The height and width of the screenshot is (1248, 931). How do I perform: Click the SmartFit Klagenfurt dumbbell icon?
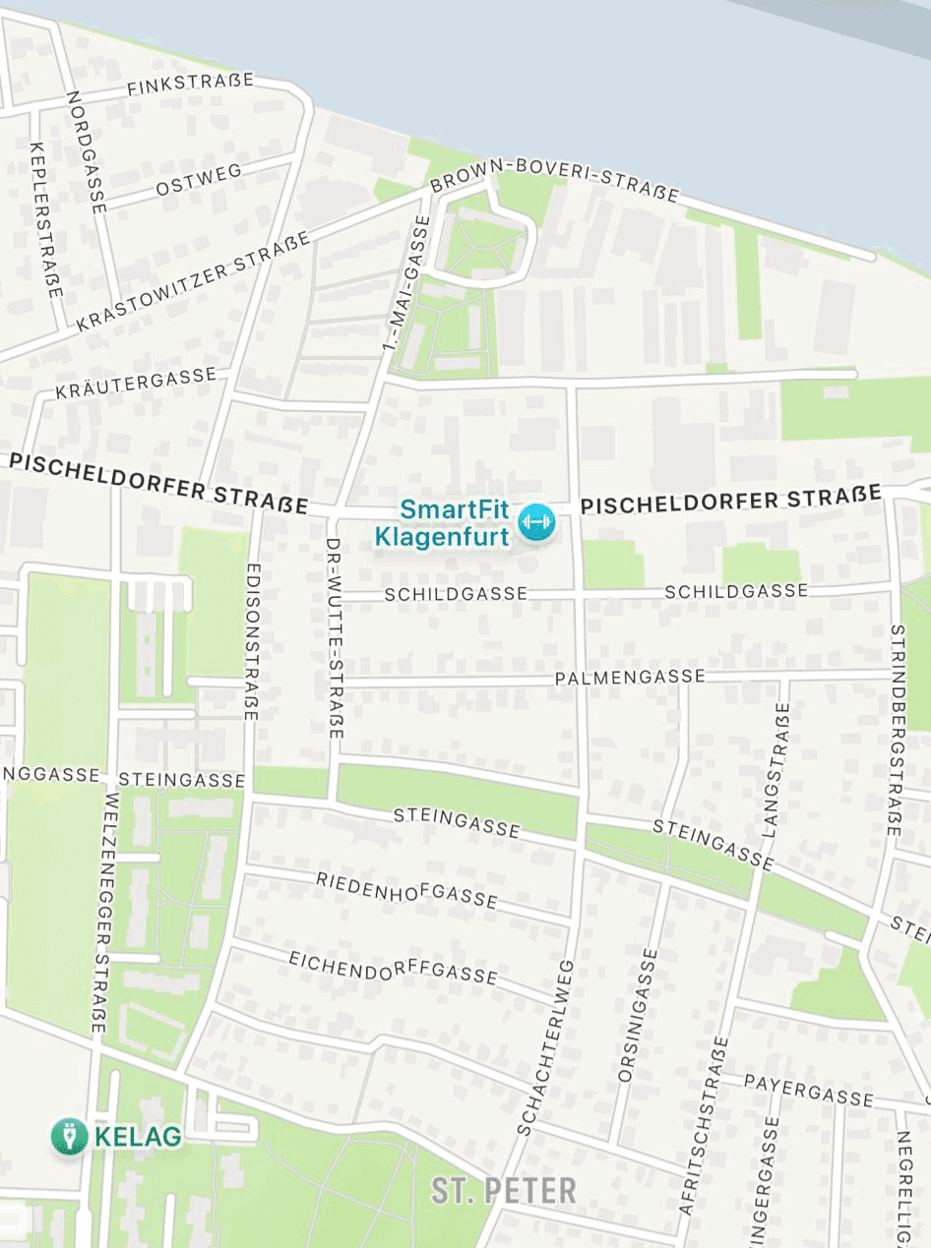(536, 522)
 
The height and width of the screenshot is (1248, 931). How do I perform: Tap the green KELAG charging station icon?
(70, 1137)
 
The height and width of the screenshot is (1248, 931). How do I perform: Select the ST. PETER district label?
(503, 1191)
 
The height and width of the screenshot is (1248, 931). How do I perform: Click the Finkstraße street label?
(191, 85)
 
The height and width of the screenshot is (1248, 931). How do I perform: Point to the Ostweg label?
(199, 180)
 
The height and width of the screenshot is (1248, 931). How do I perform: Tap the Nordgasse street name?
(85, 151)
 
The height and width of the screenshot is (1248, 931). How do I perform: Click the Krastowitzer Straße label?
(193, 281)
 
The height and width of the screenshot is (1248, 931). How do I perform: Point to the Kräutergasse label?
(136, 383)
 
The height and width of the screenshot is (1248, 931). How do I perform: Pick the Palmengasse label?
(630, 678)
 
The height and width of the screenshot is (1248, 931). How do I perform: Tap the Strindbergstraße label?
(895, 730)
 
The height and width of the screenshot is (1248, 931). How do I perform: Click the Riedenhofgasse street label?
(406, 888)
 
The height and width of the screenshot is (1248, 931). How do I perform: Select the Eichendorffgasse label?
(393, 967)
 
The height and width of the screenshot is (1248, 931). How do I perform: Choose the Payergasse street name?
(808, 1090)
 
